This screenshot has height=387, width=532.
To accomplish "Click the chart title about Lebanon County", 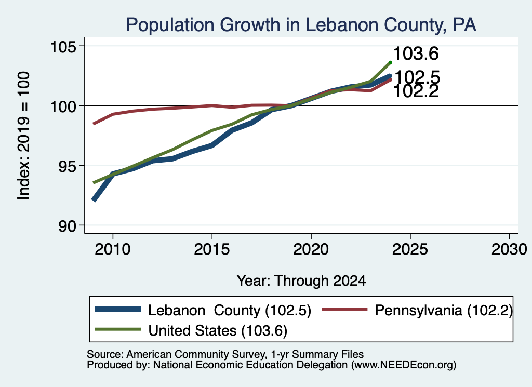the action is [x=301, y=25].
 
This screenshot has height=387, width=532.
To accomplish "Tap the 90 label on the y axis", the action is [x=67, y=226].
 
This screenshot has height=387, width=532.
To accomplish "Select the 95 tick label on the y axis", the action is [x=67, y=166].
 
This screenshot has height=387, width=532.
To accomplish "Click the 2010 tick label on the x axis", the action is [x=113, y=250].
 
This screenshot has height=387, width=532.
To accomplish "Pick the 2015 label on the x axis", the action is [x=212, y=250].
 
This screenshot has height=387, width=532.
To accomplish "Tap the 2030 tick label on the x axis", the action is [x=509, y=250].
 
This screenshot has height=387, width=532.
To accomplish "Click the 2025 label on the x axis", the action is [x=410, y=250].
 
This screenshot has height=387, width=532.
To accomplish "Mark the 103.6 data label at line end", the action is [x=416, y=54].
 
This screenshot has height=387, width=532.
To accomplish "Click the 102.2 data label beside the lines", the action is [x=416, y=91].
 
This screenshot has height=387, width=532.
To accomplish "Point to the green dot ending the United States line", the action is [x=391, y=62].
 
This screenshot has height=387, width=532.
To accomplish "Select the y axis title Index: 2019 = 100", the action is [x=23, y=136].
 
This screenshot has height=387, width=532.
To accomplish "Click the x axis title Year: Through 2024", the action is [x=301, y=281].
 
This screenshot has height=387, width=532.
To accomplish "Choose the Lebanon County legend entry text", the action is [x=229, y=310].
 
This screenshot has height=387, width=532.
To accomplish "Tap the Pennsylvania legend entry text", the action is [x=444, y=310].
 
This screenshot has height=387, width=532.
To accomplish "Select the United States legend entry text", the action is [x=218, y=330].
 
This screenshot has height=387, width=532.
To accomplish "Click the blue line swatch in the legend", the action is [x=118, y=309].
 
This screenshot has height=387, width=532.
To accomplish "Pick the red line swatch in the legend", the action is [x=344, y=309].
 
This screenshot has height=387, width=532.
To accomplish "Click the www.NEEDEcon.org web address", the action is [x=403, y=365].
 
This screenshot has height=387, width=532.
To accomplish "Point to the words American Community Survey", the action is [x=196, y=354].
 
